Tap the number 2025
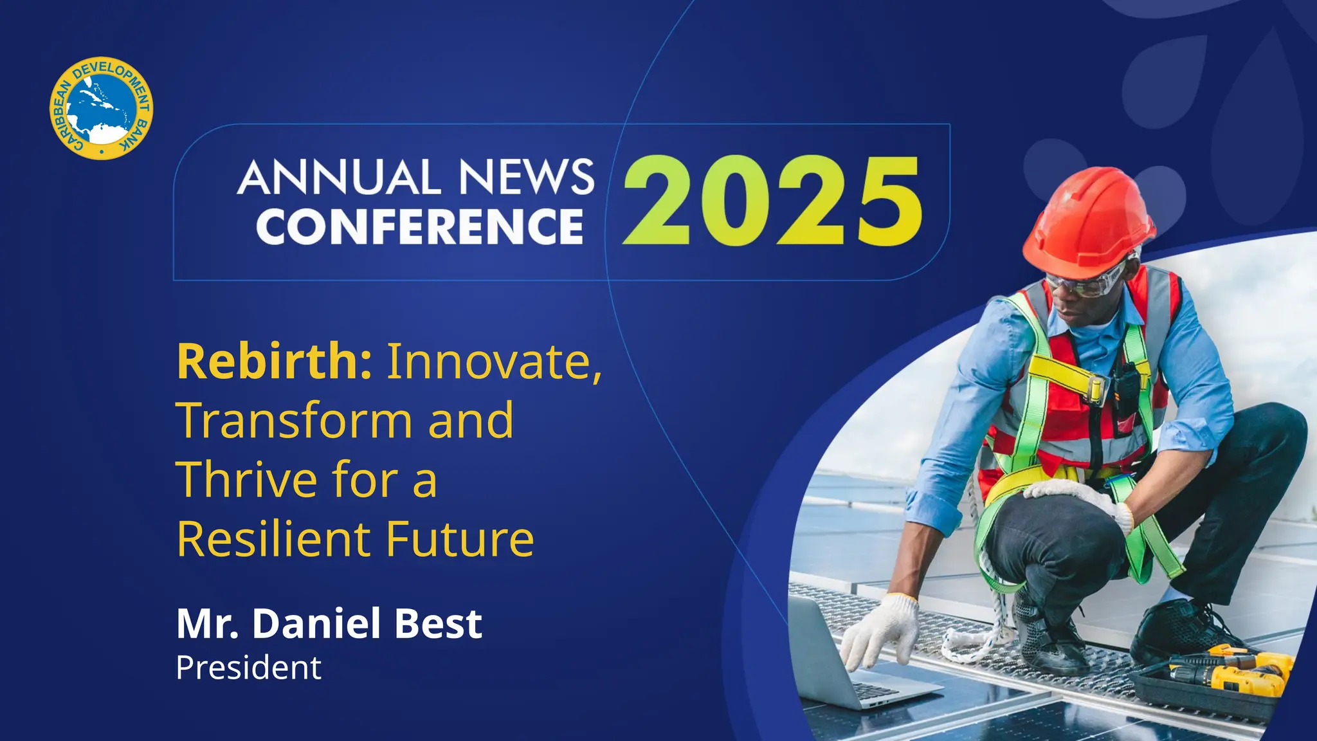[x=772, y=201]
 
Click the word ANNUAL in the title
[x=340, y=178]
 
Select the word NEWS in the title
[x=527, y=178]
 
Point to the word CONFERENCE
[x=420, y=226]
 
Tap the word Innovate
[x=494, y=362]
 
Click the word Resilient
[x=273, y=539]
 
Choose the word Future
[x=460, y=539]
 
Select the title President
[x=248, y=668]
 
